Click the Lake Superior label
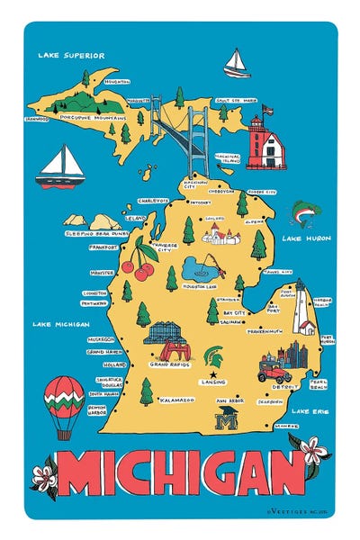(x=71, y=55)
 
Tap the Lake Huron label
(x=305, y=238)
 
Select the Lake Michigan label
(x=60, y=323)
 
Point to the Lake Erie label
(x=312, y=411)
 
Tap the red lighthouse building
(x=267, y=143)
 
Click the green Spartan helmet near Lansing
(x=216, y=355)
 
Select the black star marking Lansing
(x=214, y=373)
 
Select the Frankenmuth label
(x=266, y=330)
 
